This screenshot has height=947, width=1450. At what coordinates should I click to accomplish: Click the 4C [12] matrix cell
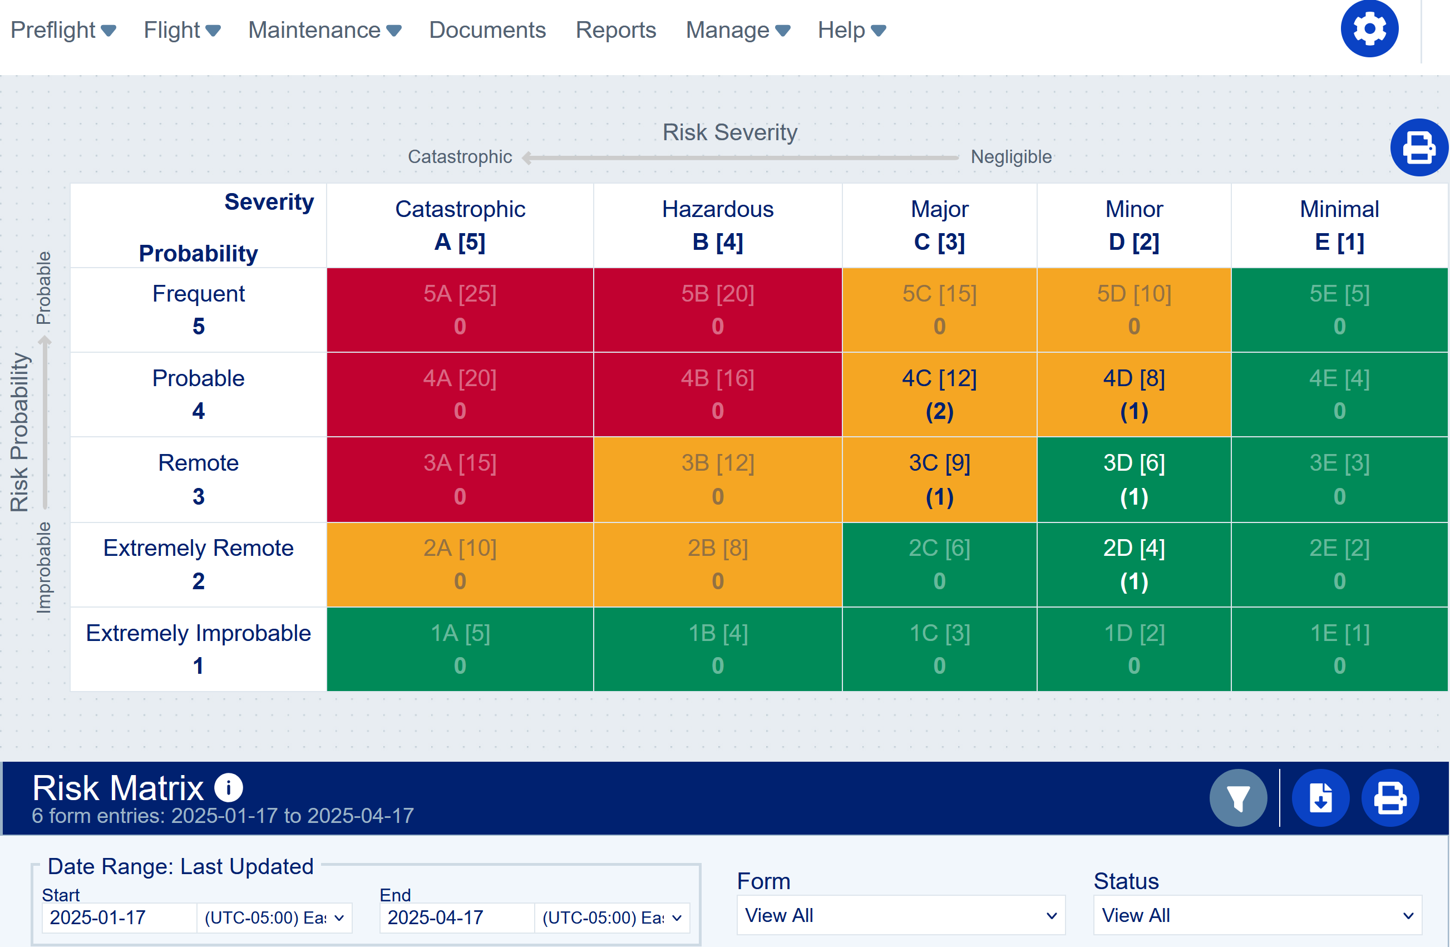pyautogui.click(x=939, y=394)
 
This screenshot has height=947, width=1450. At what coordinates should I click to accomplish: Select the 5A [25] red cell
pyautogui.click(x=460, y=309)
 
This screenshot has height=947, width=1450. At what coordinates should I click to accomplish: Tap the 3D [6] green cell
pyautogui.click(x=1134, y=480)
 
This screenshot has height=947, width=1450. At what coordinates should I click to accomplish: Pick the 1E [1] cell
pyautogui.click(x=1339, y=649)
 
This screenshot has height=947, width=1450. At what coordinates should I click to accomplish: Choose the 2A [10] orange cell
pyautogui.click(x=460, y=564)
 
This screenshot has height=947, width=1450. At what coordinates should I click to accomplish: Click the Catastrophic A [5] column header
pyautogui.click(x=460, y=225)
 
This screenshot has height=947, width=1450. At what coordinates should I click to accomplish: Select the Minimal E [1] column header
pyautogui.click(x=1339, y=225)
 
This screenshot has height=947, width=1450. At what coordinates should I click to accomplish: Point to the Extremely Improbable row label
pyautogui.click(x=198, y=649)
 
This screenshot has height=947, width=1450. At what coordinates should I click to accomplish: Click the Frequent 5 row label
pyautogui.click(x=198, y=309)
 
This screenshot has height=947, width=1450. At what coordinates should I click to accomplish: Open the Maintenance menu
pyautogui.click(x=324, y=30)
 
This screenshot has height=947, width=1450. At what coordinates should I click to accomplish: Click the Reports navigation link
pyautogui.click(x=615, y=30)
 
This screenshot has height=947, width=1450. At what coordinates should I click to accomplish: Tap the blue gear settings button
pyautogui.click(x=1369, y=28)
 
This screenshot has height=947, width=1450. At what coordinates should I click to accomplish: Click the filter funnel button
pyautogui.click(x=1237, y=798)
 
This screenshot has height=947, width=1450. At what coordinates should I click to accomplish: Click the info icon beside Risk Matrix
pyautogui.click(x=229, y=787)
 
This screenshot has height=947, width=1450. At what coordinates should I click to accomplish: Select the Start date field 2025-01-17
pyautogui.click(x=119, y=917)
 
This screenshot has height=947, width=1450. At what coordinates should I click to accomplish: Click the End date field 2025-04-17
pyautogui.click(x=457, y=917)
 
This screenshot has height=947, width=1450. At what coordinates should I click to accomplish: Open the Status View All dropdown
pyautogui.click(x=1257, y=915)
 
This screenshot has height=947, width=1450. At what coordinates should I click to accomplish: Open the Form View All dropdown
pyautogui.click(x=900, y=915)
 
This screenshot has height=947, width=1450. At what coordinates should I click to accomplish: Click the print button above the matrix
pyautogui.click(x=1418, y=147)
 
